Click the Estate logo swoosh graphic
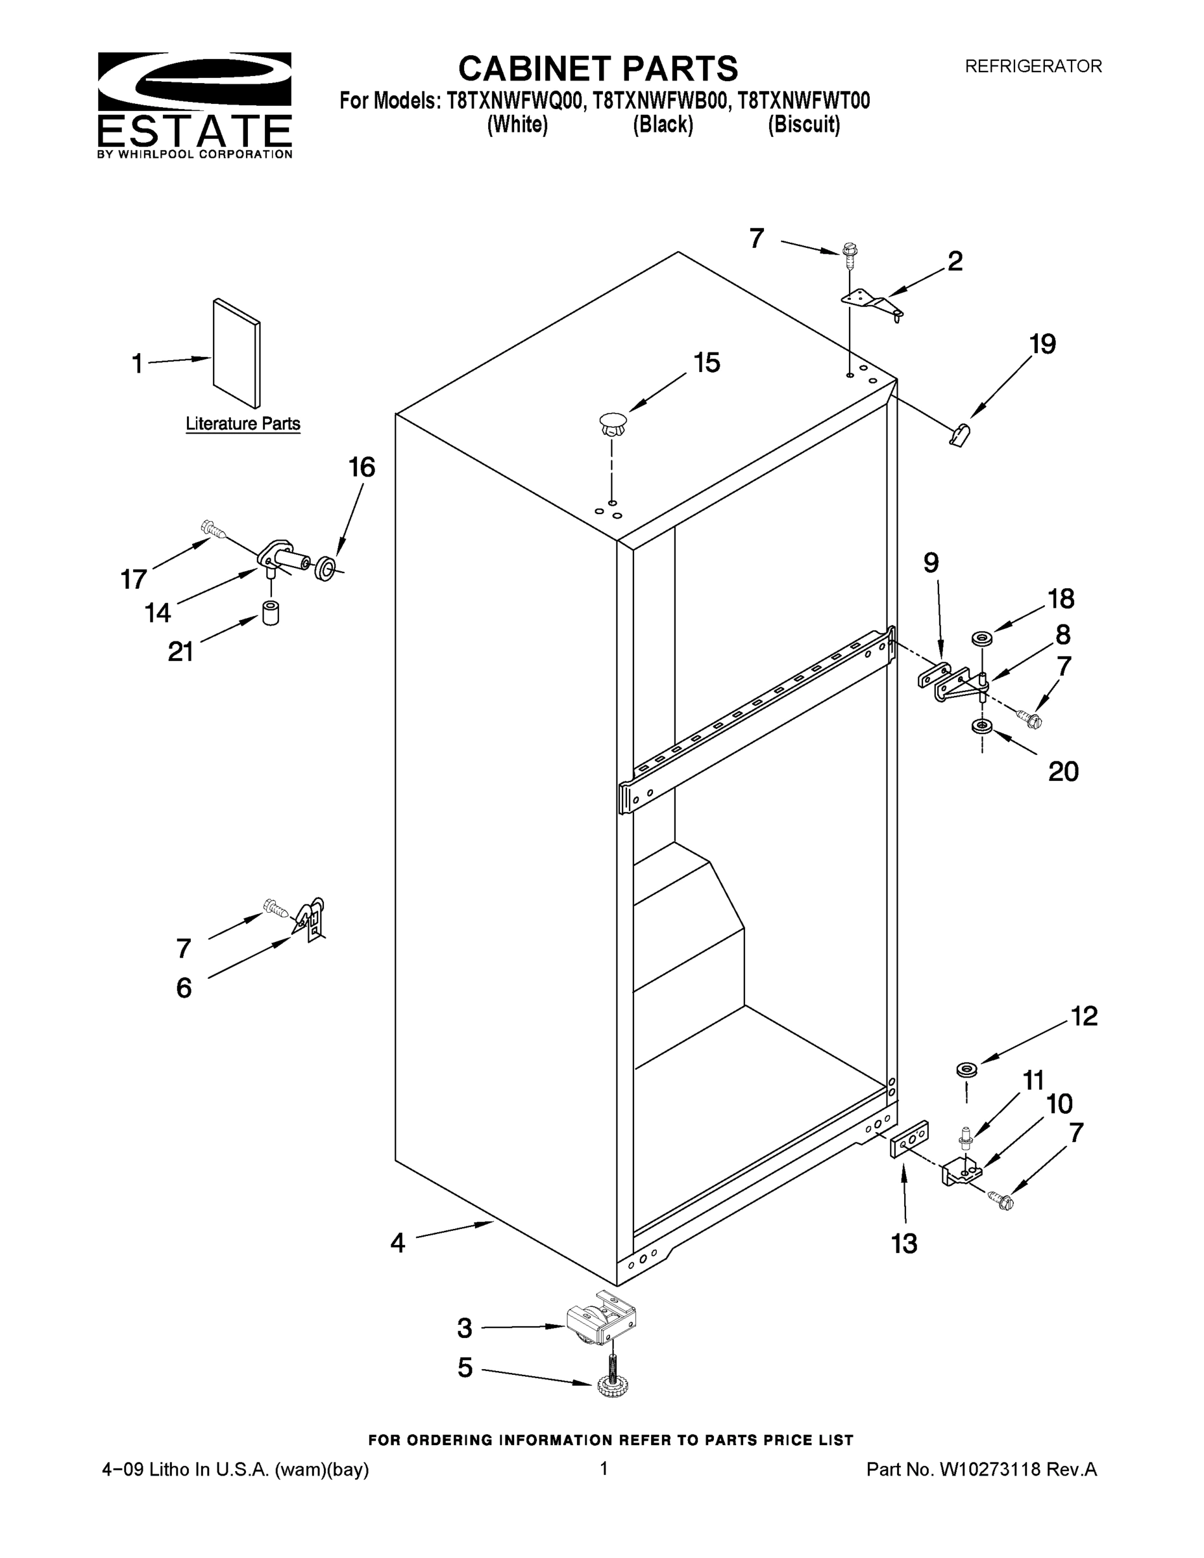(x=194, y=80)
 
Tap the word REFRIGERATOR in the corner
(x=1033, y=66)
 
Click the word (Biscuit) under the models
(x=803, y=125)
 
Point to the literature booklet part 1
(x=236, y=352)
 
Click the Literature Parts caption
(x=243, y=424)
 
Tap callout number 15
(x=706, y=363)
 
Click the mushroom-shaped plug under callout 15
(x=611, y=425)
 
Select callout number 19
(x=1042, y=345)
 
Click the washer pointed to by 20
(x=982, y=727)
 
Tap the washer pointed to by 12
(x=966, y=1069)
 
